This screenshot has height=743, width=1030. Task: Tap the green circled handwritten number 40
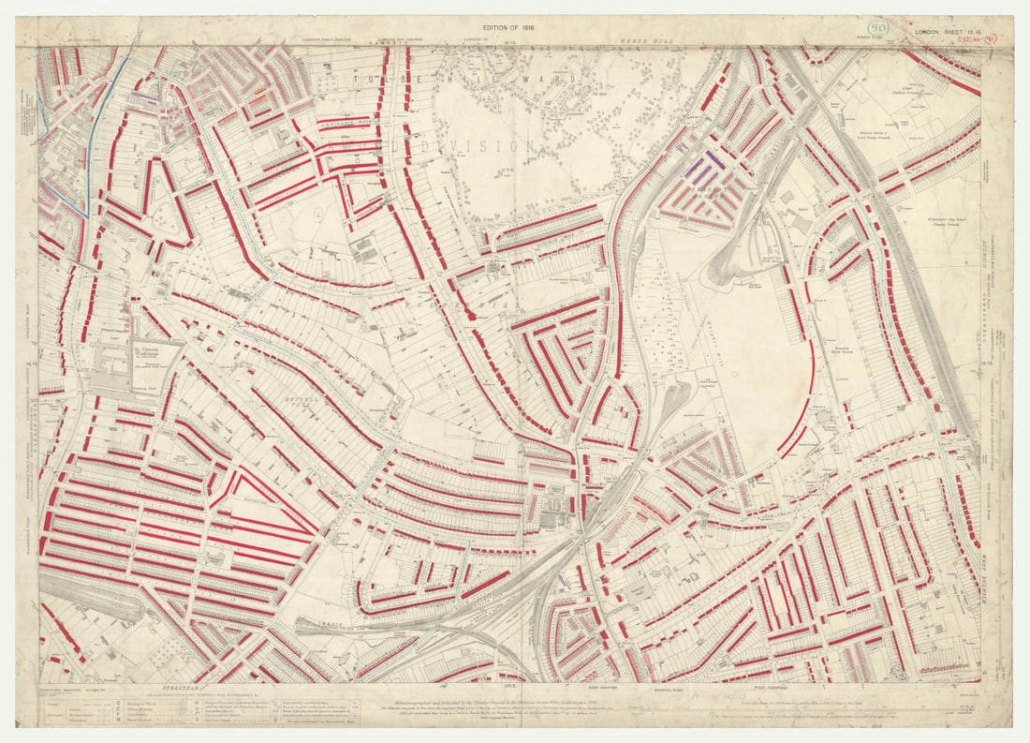[x=877, y=31]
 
